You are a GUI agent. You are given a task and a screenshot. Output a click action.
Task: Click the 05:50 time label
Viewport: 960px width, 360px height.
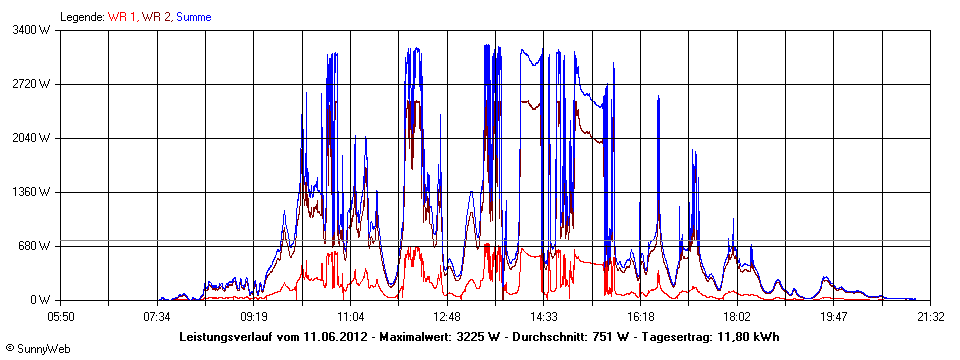(x=61, y=316)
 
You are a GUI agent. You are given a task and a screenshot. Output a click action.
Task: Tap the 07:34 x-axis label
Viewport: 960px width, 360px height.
(x=157, y=316)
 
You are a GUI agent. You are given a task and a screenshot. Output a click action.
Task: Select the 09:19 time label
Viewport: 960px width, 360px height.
(x=254, y=316)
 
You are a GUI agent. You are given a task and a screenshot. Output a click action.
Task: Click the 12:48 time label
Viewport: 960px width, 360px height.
(x=447, y=316)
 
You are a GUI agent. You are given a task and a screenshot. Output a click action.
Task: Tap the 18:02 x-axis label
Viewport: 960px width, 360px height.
(x=737, y=316)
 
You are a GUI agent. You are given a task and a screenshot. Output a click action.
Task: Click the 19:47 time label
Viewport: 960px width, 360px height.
(x=833, y=316)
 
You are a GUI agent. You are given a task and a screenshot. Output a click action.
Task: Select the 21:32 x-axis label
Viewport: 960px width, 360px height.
(x=930, y=316)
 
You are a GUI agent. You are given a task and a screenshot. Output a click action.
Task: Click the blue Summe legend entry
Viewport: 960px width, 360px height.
(x=193, y=17)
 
